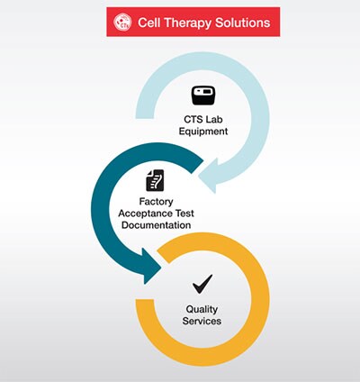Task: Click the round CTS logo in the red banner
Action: [122, 22]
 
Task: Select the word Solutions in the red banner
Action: [243, 23]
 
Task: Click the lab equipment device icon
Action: [203, 95]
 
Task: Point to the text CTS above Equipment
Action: [192, 119]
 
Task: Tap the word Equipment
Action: [203, 132]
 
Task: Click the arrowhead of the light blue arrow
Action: [209, 176]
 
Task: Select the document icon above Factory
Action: [155, 180]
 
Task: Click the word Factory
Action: [156, 202]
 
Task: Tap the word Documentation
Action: [156, 225]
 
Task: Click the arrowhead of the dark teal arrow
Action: [151, 266]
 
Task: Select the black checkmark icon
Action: [202, 284]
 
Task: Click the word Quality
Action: [202, 309]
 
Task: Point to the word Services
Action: [202, 321]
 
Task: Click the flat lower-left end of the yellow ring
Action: [145, 300]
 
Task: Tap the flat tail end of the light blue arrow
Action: [145, 117]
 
